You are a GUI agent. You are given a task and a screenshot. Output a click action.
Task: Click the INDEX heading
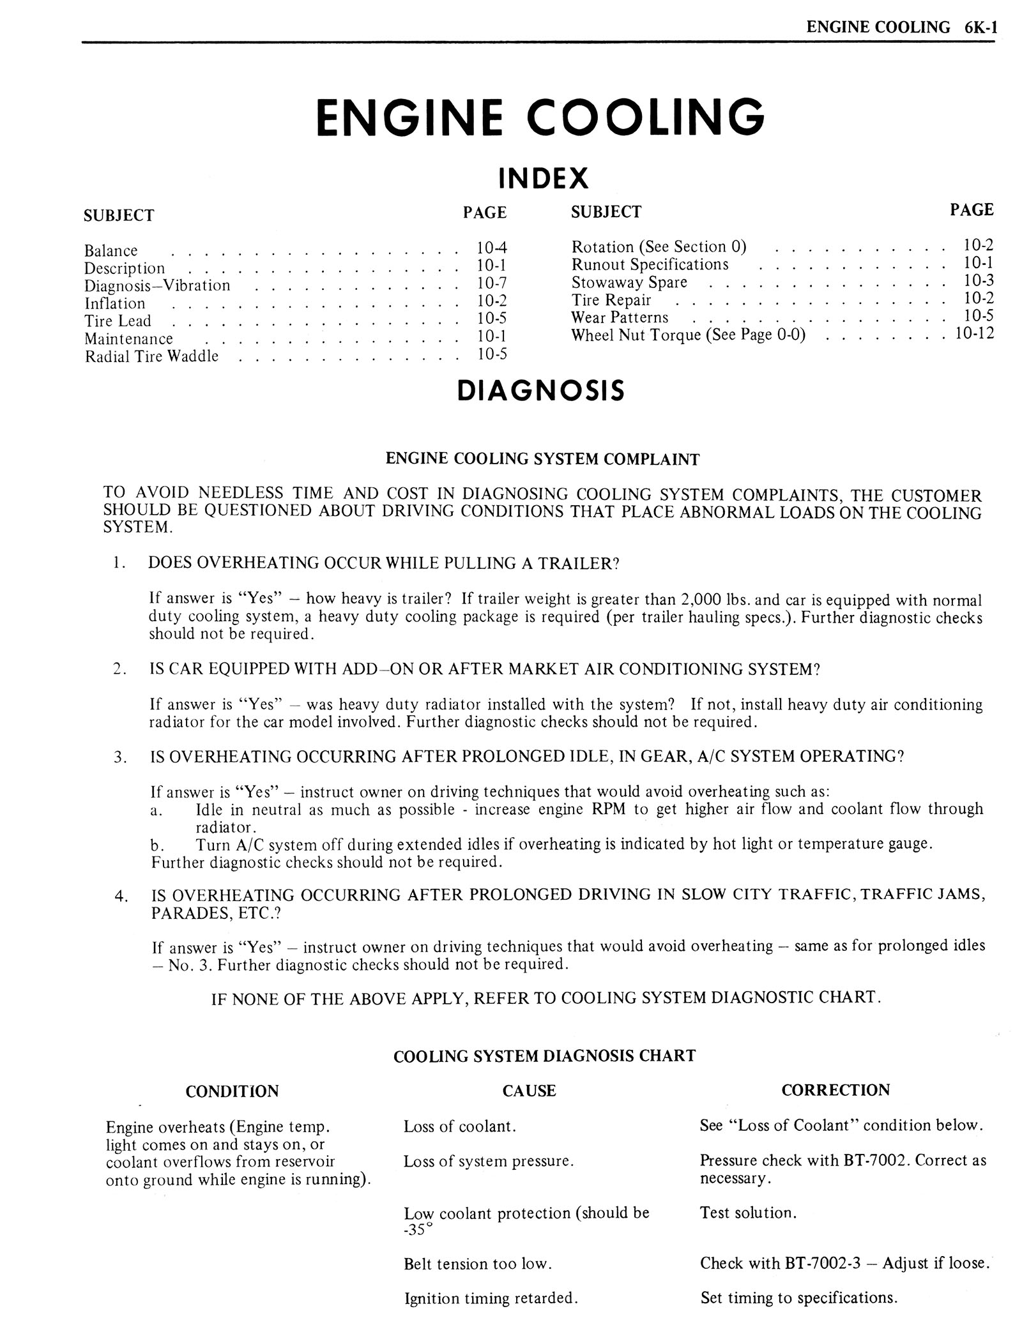pyautogui.click(x=542, y=178)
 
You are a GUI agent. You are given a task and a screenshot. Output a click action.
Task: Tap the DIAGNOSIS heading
pyautogui.click(x=540, y=391)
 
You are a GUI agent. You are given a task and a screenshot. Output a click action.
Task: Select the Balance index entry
pyautogui.click(x=111, y=251)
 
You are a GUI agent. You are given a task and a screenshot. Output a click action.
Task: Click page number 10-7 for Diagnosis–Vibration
pyautogui.click(x=491, y=283)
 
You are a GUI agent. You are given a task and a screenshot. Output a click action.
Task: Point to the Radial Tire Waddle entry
pyautogui.click(x=151, y=356)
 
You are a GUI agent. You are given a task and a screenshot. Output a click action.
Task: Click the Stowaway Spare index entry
pyautogui.click(x=629, y=282)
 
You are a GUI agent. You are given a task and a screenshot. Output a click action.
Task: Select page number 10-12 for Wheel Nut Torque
pyautogui.click(x=974, y=333)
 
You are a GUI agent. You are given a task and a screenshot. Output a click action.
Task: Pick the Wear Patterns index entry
pyautogui.click(x=620, y=317)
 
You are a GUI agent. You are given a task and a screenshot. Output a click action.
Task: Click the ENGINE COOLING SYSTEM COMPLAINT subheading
pyautogui.click(x=542, y=459)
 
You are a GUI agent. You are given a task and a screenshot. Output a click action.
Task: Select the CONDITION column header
pyautogui.click(x=232, y=1091)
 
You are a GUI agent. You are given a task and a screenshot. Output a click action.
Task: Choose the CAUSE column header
pyautogui.click(x=529, y=1091)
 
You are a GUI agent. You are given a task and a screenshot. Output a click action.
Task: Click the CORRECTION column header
pyautogui.click(x=835, y=1090)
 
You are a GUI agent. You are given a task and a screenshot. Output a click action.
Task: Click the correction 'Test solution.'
pyautogui.click(x=748, y=1212)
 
